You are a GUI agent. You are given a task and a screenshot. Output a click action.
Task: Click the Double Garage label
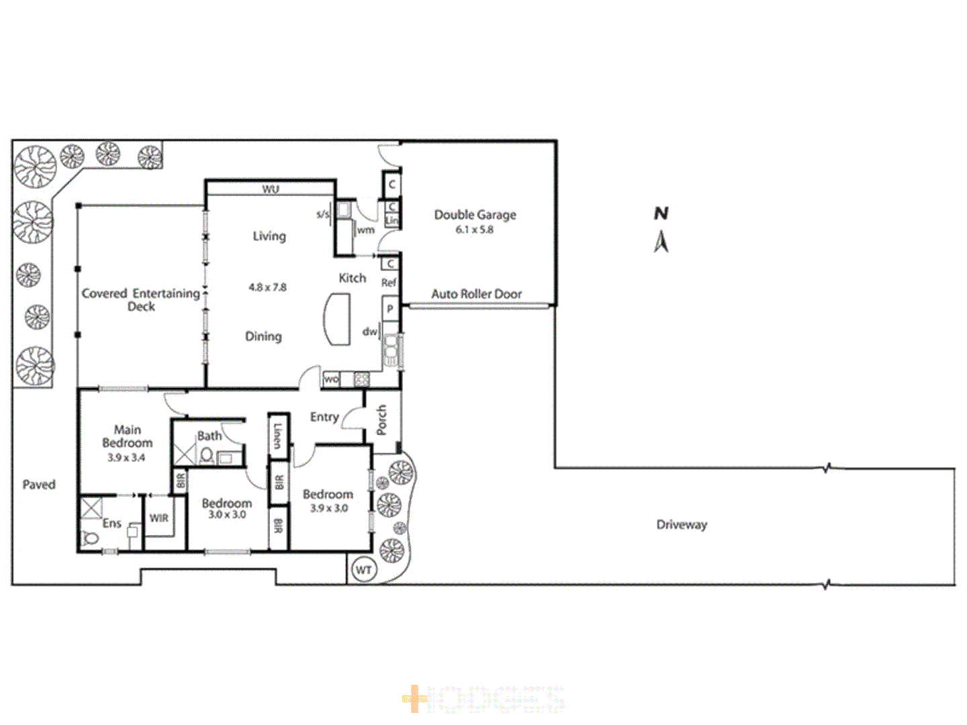pyautogui.click(x=475, y=215)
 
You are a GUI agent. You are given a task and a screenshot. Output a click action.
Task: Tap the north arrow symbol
pyautogui.click(x=661, y=241)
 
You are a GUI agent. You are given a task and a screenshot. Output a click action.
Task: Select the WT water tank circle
pyautogui.click(x=363, y=570)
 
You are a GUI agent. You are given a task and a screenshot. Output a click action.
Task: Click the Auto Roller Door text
pyautogui.click(x=476, y=294)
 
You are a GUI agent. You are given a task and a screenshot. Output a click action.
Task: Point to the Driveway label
pyautogui.click(x=682, y=525)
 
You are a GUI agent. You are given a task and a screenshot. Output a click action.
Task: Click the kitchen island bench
pyautogui.click(x=338, y=320)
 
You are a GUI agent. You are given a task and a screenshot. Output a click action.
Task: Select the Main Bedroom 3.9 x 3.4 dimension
pyautogui.click(x=126, y=458)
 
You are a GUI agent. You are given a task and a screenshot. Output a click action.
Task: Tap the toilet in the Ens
pyautogui.click(x=90, y=538)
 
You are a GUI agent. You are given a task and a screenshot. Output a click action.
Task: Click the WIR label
pyautogui.click(x=159, y=518)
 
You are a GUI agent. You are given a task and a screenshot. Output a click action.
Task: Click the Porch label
pyautogui.click(x=382, y=420)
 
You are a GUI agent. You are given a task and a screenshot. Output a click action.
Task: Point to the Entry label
pyautogui.click(x=324, y=417)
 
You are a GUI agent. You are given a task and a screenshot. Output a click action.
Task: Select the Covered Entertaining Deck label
pyautogui.click(x=141, y=299)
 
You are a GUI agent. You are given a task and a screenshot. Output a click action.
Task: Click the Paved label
pyautogui.click(x=39, y=485)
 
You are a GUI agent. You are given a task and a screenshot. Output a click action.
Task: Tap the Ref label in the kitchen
pyautogui.click(x=389, y=283)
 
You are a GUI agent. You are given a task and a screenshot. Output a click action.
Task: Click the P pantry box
pyautogui.click(x=390, y=309)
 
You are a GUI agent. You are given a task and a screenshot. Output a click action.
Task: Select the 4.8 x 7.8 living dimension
pyautogui.click(x=267, y=287)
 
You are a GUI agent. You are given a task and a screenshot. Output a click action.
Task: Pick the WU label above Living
pyautogui.click(x=270, y=189)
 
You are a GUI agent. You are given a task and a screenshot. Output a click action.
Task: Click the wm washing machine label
pyautogui.click(x=366, y=230)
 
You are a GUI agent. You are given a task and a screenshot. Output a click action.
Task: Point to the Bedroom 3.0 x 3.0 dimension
pyautogui.click(x=227, y=515)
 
